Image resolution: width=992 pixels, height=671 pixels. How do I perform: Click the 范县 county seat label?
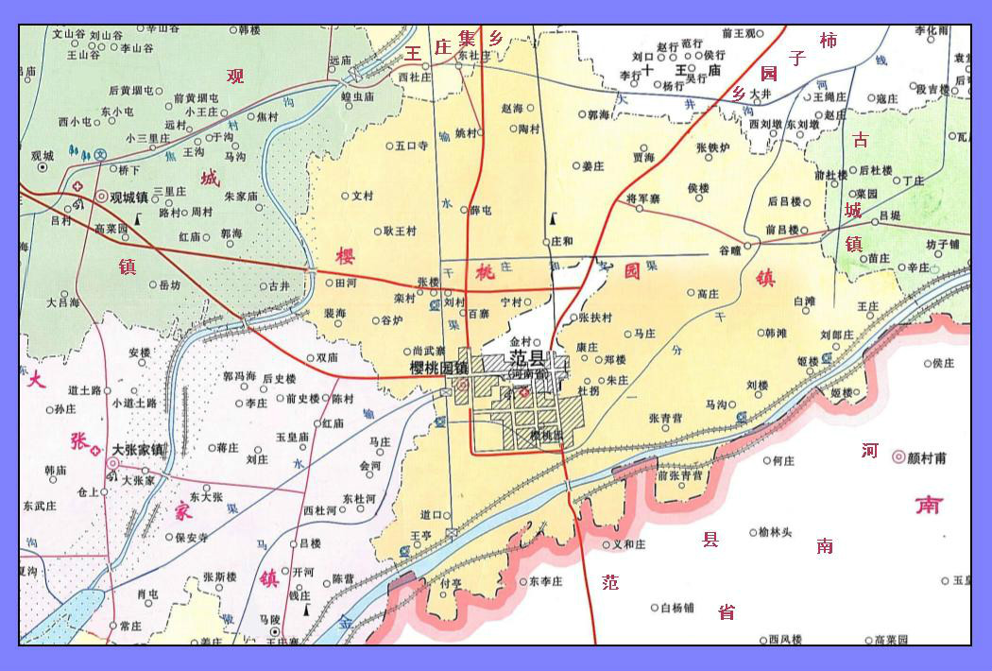point(528,358)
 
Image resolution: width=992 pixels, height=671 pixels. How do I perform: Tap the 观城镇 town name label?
point(129,198)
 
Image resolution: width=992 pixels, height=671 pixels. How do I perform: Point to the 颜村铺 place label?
point(927,458)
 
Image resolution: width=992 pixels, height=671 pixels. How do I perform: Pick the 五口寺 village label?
point(412,146)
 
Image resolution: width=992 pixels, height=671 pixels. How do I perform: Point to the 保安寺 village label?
point(192,537)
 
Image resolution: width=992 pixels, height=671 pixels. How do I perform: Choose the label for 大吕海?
point(63,303)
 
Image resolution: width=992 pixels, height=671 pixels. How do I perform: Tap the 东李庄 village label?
point(546,580)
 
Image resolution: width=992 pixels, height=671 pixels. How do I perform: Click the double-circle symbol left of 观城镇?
point(102,197)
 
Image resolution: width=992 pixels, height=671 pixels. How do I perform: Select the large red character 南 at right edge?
point(928,505)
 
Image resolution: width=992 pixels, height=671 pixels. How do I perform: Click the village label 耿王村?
point(400,231)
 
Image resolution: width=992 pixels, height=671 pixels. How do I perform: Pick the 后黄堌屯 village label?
point(130,91)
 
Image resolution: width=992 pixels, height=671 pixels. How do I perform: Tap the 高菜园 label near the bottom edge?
point(891,640)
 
